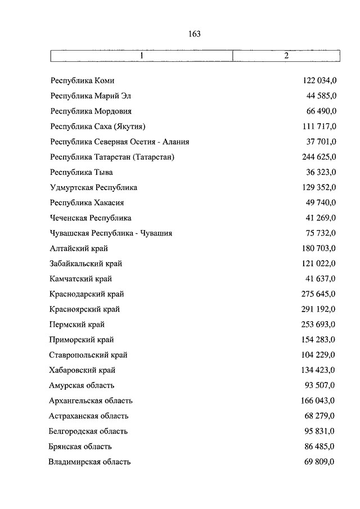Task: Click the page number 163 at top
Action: point(195,34)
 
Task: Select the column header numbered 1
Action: point(142,56)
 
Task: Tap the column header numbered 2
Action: point(286,56)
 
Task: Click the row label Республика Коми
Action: point(82,81)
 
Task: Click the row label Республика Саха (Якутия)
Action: point(101,127)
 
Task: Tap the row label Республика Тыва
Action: point(82,172)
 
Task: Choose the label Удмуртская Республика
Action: point(93,187)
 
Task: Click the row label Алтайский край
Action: point(79,248)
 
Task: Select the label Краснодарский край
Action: point(87,294)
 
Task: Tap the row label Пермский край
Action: point(77,325)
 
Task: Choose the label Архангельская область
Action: point(91,400)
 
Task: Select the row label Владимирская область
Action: point(90,462)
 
